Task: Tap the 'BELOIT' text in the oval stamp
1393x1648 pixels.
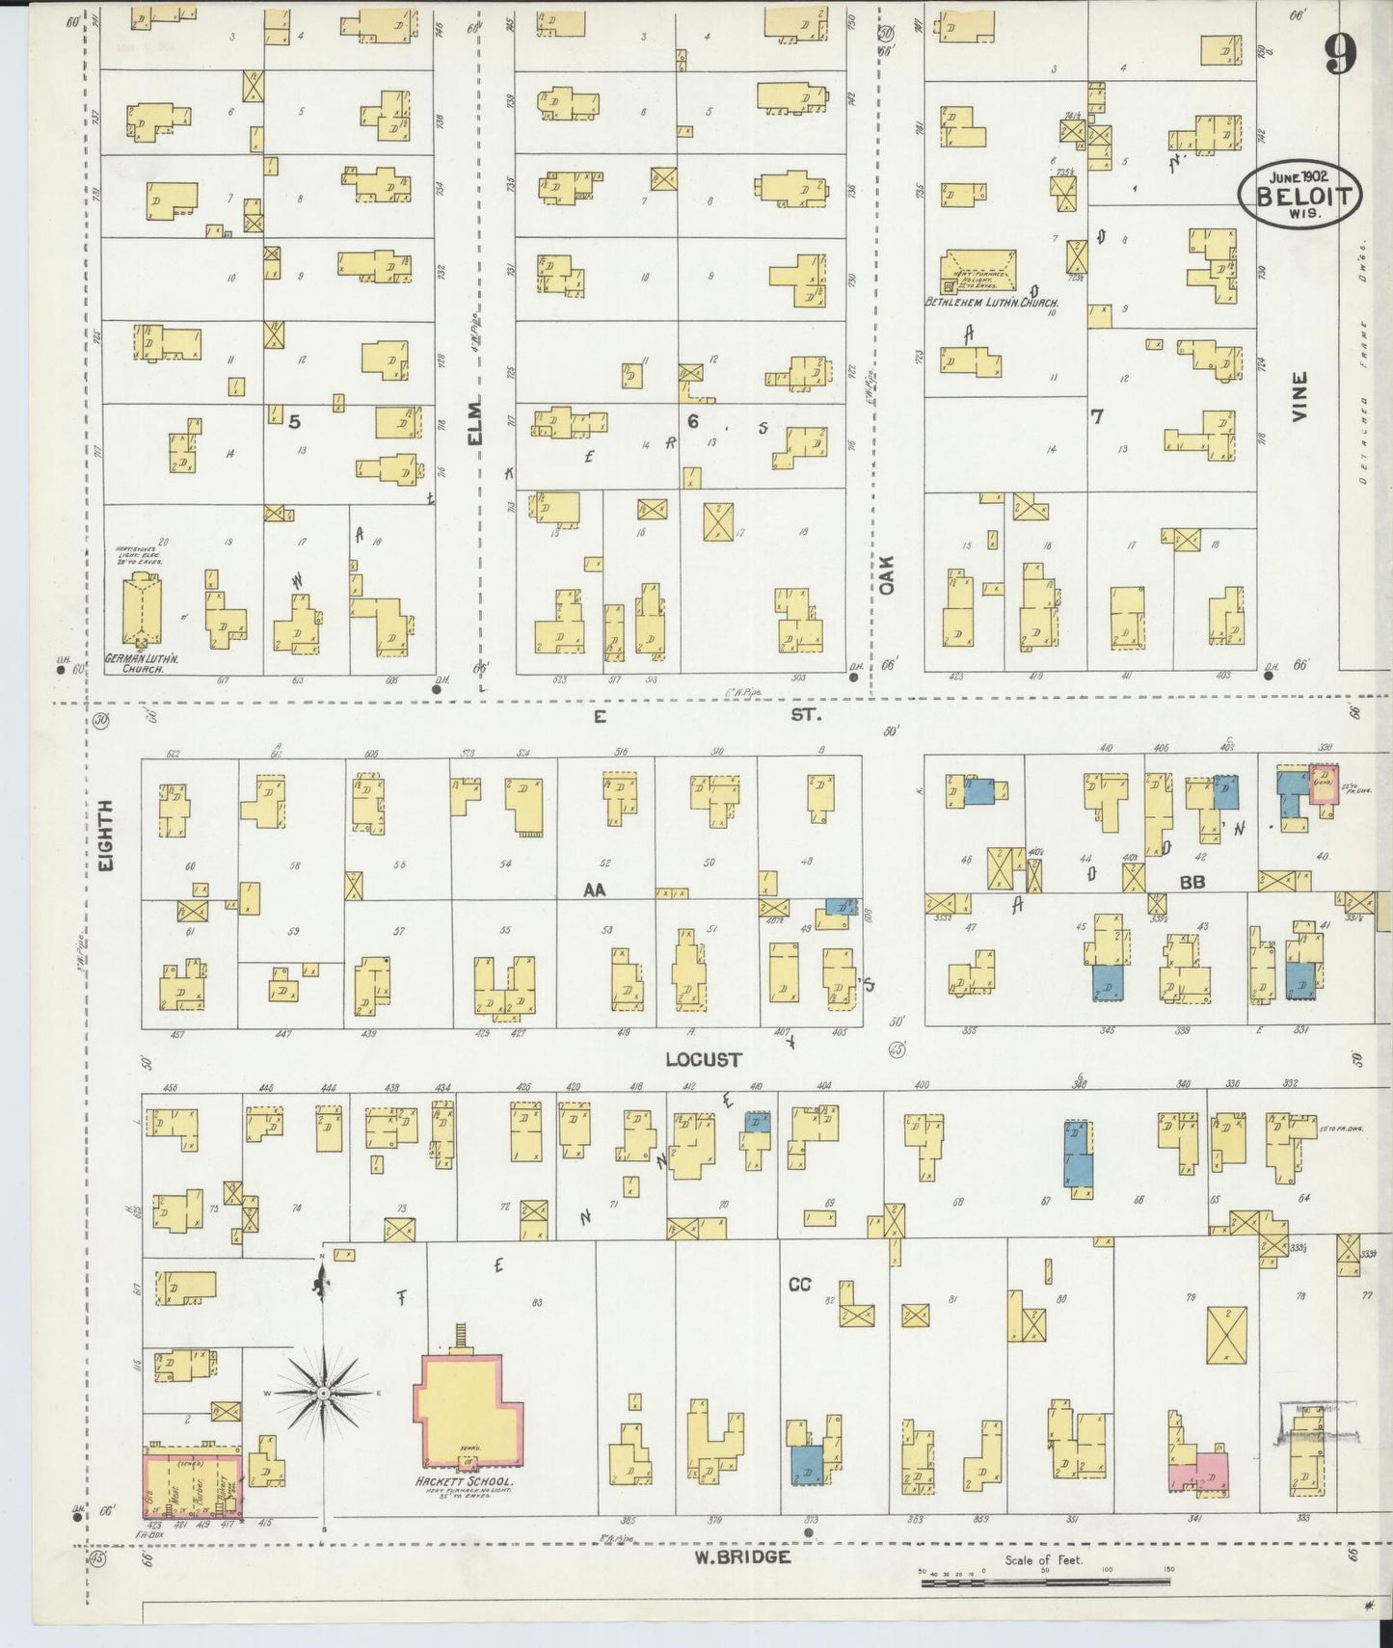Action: click(1299, 196)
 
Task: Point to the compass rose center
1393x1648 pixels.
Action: click(324, 1394)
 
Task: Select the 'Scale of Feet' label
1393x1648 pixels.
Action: click(1043, 1559)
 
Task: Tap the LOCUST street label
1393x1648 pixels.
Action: click(704, 1059)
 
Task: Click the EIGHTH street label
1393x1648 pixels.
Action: click(106, 837)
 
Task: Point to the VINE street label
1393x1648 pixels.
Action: click(1299, 396)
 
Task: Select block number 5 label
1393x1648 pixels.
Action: click(295, 420)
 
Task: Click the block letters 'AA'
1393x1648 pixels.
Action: click(594, 890)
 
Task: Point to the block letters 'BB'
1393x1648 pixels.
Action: click(1192, 882)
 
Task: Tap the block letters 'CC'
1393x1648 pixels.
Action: click(799, 1284)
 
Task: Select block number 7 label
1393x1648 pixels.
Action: click(1096, 416)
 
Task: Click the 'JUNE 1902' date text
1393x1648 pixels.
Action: click(1299, 176)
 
